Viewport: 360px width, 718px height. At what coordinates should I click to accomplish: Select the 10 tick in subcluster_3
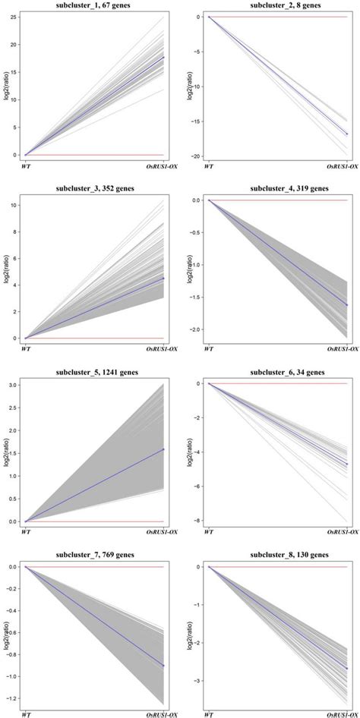click(x=14, y=205)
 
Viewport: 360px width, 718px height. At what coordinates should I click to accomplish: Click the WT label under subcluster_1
click(x=26, y=165)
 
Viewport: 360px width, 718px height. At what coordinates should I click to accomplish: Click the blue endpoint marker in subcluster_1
click(x=163, y=58)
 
